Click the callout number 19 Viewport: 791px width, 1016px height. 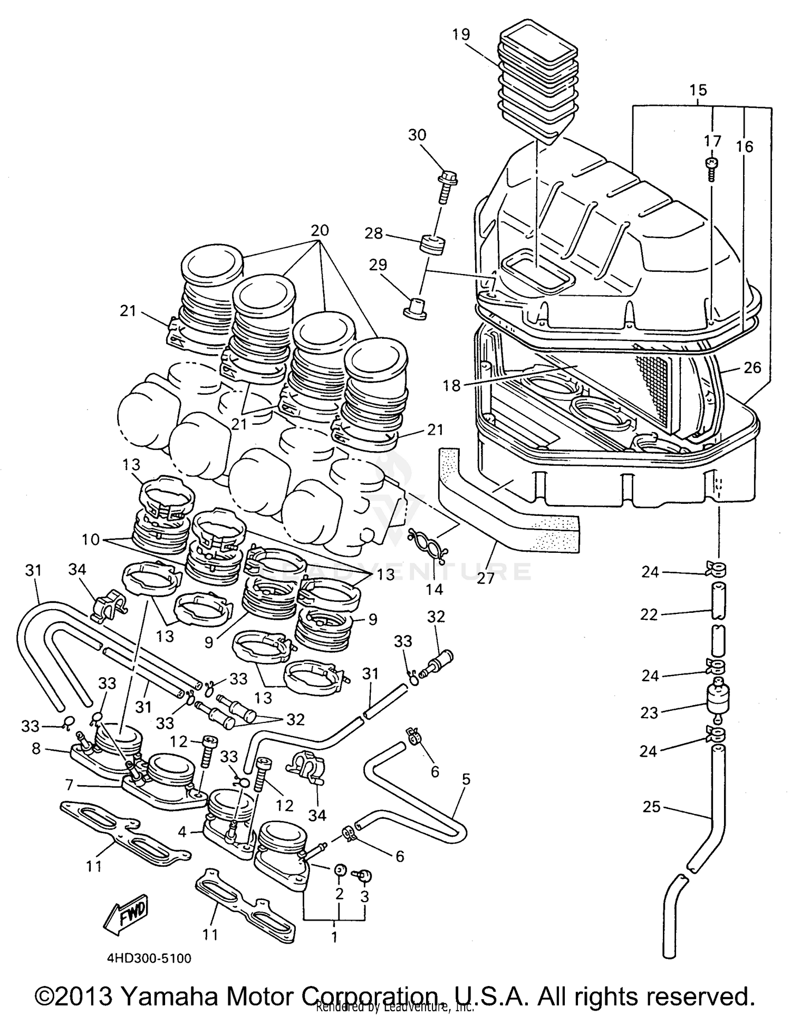pyautogui.click(x=460, y=35)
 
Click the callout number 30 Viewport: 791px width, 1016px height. pyautogui.click(x=417, y=135)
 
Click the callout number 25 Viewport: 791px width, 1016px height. pyautogui.click(x=652, y=807)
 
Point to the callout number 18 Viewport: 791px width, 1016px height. pyautogui.click(x=451, y=386)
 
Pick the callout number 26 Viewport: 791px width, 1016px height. pyautogui.click(x=752, y=368)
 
